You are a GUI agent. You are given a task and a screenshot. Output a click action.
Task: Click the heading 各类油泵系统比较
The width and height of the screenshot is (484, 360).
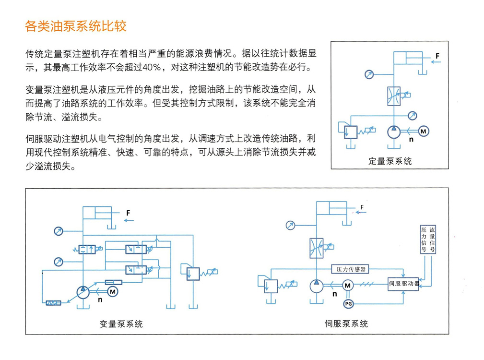(x=76, y=26)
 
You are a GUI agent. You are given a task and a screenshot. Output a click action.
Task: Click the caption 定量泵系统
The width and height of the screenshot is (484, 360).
(x=390, y=161)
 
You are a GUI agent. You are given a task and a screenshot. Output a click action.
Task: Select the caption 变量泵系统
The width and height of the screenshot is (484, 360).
(x=121, y=324)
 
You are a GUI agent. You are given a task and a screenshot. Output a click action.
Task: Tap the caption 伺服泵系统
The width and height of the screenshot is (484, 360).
(x=346, y=324)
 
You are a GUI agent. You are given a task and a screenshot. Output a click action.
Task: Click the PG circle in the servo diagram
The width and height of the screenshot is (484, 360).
(x=348, y=304)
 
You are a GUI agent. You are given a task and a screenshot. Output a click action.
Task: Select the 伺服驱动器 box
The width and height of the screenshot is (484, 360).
(x=403, y=284)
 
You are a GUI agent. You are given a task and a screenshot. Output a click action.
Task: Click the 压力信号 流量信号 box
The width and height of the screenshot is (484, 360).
(x=428, y=239)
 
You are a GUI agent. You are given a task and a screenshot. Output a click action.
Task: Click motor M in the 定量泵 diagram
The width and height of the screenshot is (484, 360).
(x=423, y=131)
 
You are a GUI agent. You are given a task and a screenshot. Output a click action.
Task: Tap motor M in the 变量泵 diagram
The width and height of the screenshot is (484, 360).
(x=113, y=291)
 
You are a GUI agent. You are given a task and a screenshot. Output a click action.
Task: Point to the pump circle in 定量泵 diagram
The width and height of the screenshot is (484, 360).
(x=393, y=132)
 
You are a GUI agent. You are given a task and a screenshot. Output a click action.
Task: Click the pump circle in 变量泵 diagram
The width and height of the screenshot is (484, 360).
(x=83, y=291)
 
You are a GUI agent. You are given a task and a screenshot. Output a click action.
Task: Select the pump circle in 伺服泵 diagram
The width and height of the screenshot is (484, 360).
(x=318, y=286)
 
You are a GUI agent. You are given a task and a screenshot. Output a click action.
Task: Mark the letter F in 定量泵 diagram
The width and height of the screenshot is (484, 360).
(x=437, y=56)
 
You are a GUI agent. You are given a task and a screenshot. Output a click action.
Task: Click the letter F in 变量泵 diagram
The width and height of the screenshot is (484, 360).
(x=128, y=212)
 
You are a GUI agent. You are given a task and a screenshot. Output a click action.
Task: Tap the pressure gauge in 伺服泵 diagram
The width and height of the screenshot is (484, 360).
(x=290, y=225)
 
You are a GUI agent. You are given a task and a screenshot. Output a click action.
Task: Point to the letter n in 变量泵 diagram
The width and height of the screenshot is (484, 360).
(x=100, y=300)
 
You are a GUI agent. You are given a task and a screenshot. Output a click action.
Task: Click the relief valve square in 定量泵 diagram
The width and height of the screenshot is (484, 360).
(x=352, y=131)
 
